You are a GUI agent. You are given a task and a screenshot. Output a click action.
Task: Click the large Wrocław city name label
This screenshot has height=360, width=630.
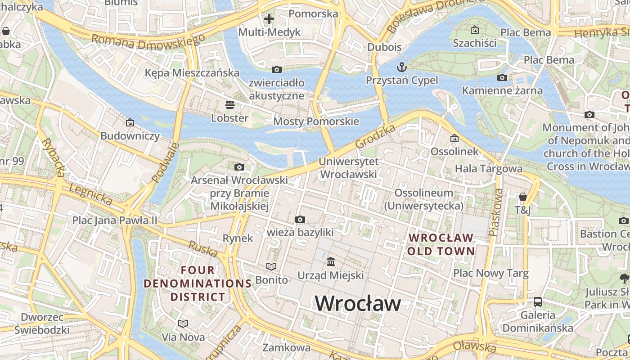point(358,303)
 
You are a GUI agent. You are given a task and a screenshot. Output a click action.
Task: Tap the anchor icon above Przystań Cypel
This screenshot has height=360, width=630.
point(401,67)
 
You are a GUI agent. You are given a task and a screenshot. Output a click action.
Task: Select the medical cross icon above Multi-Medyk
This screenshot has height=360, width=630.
point(269,19)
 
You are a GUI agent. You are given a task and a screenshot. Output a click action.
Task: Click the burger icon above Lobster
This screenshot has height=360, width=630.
point(230,105)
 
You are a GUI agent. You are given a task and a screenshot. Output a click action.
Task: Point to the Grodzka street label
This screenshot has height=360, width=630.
point(375,136)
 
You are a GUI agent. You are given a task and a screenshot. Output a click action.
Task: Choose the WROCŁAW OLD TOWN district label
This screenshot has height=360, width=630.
point(441,244)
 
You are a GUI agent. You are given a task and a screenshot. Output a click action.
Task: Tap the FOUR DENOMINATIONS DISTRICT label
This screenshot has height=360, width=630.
point(198,283)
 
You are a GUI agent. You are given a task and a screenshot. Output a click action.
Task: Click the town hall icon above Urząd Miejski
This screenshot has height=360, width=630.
point(331,261)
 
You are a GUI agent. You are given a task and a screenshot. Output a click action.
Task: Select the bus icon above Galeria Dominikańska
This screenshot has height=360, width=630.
point(538,301)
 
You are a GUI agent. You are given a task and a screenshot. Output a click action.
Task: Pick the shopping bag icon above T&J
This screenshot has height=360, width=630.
point(522,197)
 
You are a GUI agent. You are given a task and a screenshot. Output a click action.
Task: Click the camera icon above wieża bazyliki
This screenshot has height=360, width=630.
point(300,219)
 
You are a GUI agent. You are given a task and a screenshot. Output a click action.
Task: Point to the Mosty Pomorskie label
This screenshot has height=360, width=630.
point(316,121)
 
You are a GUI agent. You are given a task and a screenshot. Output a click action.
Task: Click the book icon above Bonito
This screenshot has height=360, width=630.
point(271,266)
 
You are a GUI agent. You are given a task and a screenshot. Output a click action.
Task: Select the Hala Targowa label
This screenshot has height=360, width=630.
point(489,169)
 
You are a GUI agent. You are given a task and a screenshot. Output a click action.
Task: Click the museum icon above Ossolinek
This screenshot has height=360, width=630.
point(454,138)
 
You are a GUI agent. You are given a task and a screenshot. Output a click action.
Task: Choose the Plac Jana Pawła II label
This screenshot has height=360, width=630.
point(115,220)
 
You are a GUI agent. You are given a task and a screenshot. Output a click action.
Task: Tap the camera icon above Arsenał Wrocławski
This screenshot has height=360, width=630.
point(239,167)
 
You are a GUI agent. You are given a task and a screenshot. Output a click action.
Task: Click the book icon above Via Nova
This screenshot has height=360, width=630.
point(183,324)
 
